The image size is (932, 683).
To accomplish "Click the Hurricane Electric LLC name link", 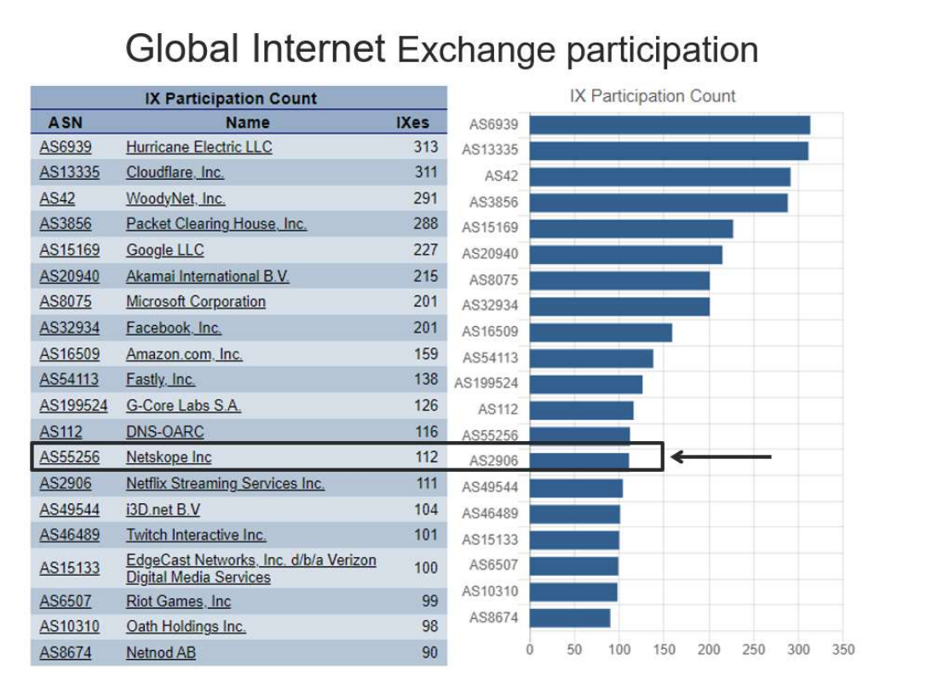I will (199, 146).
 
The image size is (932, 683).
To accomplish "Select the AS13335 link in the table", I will (69, 172).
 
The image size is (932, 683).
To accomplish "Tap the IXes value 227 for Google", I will (426, 250).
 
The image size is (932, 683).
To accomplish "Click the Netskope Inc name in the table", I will (169, 457).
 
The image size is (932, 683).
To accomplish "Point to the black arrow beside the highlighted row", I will (721, 457).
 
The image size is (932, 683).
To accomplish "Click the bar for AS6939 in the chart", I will (670, 125).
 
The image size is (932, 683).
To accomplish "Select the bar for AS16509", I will (601, 332).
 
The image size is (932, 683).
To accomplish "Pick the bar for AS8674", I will (570, 617).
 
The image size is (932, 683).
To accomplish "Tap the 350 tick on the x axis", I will (843, 651).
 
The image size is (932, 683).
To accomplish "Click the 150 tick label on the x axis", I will (664, 651).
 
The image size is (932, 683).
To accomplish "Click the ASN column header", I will (66, 123).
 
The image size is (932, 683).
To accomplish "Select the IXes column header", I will (413, 123).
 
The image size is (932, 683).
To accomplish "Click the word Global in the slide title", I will (182, 49).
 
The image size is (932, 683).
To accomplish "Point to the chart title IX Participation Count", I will (652, 96).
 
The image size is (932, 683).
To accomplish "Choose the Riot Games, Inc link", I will (178, 601).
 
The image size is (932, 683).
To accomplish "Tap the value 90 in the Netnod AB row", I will (429, 653).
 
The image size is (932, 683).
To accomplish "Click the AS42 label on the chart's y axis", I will (501, 176).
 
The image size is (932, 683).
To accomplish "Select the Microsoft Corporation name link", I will (196, 301).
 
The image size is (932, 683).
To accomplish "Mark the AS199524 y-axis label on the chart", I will (486, 383).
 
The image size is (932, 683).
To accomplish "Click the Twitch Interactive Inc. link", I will (196, 535).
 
